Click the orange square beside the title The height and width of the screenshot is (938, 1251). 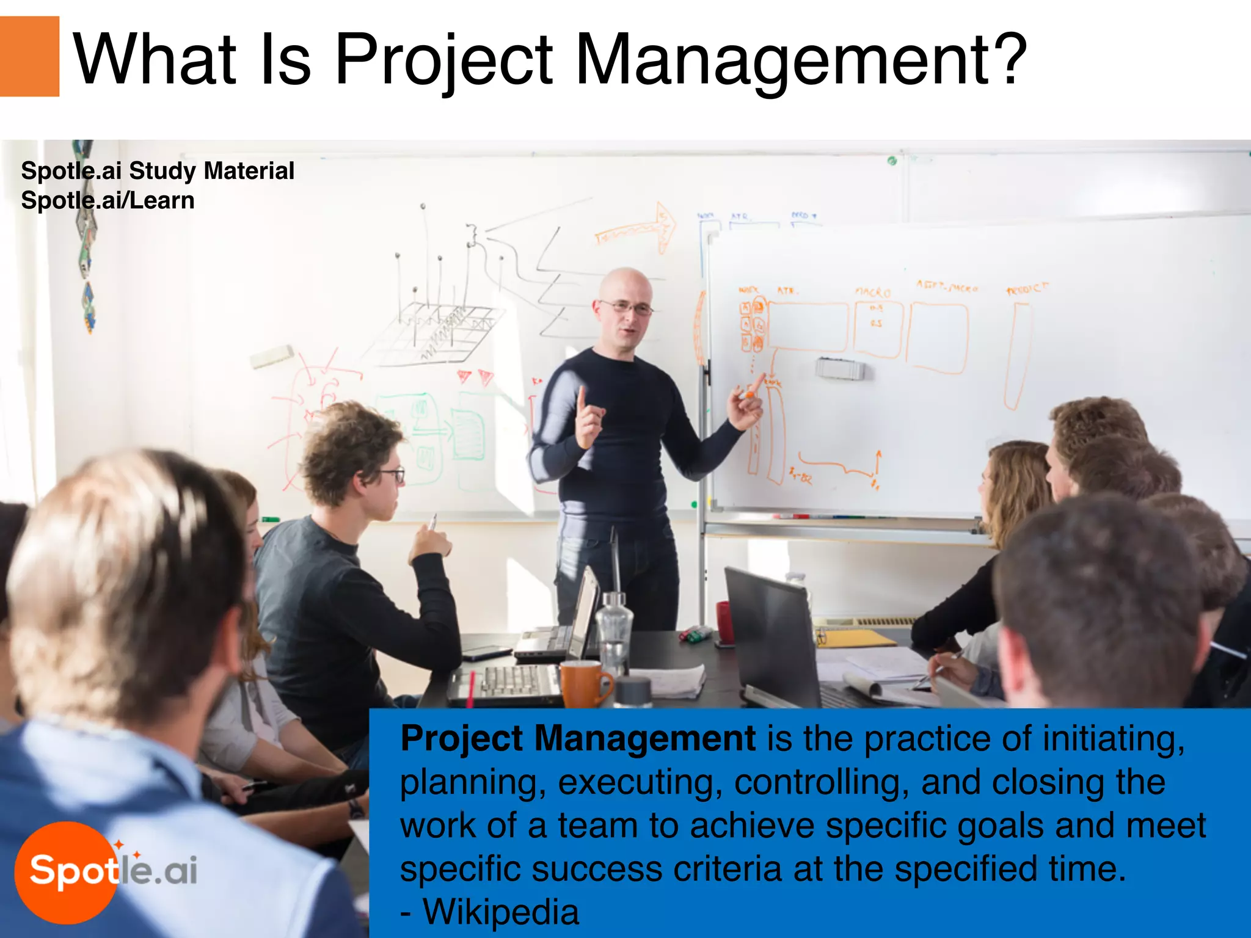[29, 56]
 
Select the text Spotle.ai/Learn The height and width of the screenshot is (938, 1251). [108, 200]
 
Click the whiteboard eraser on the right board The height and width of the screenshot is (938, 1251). [841, 369]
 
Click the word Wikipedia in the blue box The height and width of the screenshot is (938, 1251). [501, 912]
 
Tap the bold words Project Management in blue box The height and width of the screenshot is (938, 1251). [578, 739]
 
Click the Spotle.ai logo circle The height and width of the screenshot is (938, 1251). [66, 871]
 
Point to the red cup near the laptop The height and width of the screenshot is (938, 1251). [724, 622]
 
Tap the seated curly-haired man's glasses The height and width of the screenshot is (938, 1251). [393, 474]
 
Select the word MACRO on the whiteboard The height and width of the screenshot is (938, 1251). [873, 293]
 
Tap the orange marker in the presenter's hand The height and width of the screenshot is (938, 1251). [747, 395]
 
